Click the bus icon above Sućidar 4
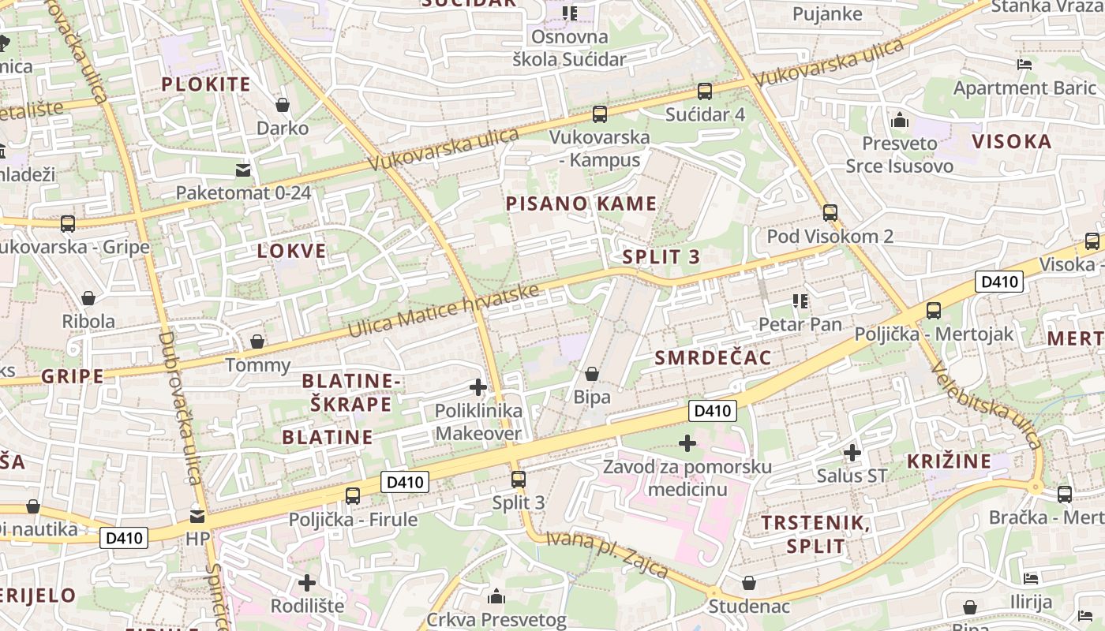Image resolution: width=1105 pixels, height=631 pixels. [705, 91]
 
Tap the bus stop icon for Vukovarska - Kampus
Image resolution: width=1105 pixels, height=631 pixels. [600, 114]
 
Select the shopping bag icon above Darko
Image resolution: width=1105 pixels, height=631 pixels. [283, 105]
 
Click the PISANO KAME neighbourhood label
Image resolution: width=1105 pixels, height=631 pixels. [581, 203]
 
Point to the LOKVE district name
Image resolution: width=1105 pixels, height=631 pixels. [292, 252]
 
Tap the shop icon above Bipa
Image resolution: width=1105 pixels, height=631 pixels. [592, 374]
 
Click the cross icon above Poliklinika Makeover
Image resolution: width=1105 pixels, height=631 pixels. [478, 387]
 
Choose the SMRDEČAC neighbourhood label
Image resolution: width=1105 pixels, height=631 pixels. [713, 358]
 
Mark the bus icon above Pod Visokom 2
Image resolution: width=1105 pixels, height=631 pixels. [830, 213]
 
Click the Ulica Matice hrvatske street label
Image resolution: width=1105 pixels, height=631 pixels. [443, 312]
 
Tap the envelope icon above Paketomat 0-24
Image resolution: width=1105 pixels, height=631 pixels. [243, 170]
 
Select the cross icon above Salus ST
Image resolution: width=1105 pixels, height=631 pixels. [852, 453]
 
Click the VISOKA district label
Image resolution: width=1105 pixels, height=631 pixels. [1011, 142]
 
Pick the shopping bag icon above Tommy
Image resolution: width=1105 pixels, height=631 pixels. [257, 342]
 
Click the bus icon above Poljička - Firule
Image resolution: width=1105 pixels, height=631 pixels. [353, 496]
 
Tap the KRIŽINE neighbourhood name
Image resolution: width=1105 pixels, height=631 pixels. [949, 461]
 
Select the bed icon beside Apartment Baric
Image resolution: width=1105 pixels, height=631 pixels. [1024, 65]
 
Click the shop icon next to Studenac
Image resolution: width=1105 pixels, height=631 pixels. [749, 584]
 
